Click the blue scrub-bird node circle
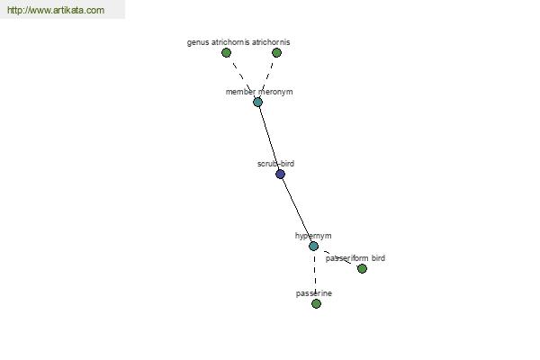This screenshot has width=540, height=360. click(x=280, y=174)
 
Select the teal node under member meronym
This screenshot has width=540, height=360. click(x=257, y=102)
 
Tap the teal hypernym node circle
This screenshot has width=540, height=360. click(x=313, y=246)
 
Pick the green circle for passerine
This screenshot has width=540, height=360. click(x=316, y=303)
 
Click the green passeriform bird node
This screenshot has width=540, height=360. click(x=362, y=268)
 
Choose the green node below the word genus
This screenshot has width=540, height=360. click(x=226, y=53)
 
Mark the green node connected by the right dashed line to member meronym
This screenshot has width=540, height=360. click(x=276, y=53)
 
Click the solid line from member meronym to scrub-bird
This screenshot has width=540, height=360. click(x=269, y=138)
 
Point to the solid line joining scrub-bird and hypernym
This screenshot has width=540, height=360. click(x=297, y=210)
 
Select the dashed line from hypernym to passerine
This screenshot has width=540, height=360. click(x=315, y=274)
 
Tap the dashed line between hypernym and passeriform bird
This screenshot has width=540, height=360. click(x=337, y=257)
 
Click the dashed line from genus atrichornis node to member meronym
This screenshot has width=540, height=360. click(x=242, y=77)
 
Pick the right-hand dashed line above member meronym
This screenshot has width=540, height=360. click(x=267, y=77)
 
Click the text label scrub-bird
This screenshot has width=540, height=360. click(x=276, y=164)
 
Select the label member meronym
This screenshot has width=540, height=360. click(x=259, y=92)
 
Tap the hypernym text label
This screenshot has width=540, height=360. click(x=313, y=236)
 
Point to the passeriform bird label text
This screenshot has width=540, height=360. click(x=355, y=258)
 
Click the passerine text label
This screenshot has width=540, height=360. click(x=314, y=293)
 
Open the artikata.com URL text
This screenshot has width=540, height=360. click(x=56, y=10)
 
